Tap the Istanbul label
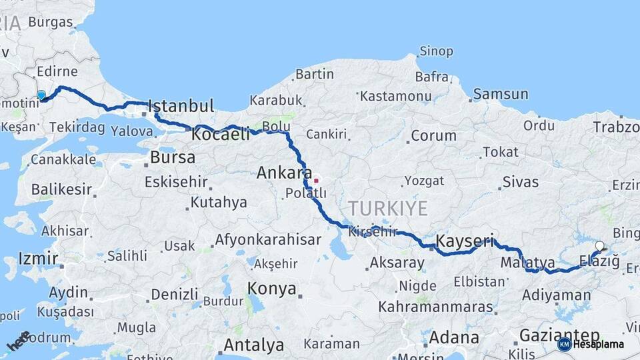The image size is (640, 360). coord(181,106)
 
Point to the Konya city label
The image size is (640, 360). coord(271,289)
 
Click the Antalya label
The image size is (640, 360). coord(253,345)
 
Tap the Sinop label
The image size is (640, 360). coord(436,51)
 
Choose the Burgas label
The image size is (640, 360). coord(50,22)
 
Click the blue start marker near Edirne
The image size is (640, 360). coord(41,95)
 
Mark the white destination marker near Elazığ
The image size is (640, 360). coord(599,246)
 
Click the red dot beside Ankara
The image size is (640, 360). coord(316,180)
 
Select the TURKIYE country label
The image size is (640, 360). coord(387,208)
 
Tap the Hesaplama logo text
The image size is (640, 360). coord(599,344)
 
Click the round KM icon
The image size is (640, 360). coord(564,344)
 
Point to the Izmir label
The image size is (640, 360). coord(38,259)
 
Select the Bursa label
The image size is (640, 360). coord(172,158)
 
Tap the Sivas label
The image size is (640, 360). coord(521,181)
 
